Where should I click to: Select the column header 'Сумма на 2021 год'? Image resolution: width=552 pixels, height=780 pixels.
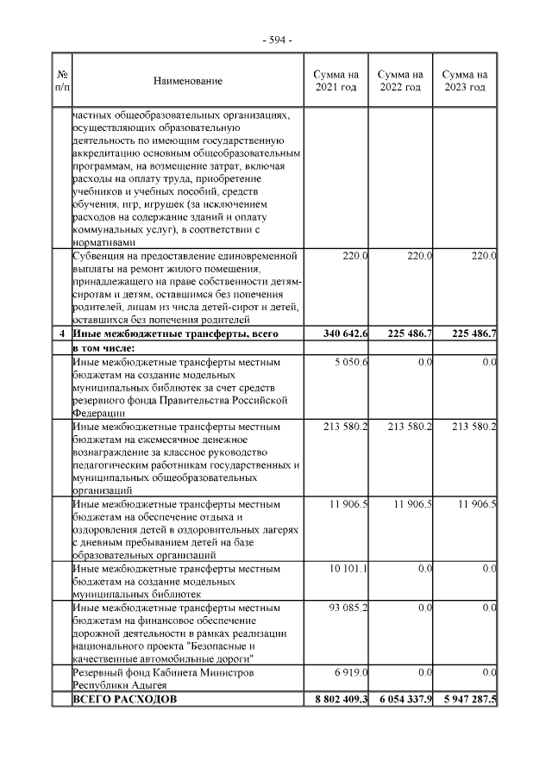click(336, 81)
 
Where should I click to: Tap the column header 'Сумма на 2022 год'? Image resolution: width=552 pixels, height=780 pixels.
click(400, 81)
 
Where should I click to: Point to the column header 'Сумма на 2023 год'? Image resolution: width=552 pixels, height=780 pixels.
click(465, 81)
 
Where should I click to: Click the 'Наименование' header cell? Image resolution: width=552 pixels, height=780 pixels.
click(188, 81)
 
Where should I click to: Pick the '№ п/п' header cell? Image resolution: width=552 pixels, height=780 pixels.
click(61, 81)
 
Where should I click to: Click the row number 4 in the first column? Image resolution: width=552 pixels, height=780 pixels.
click(61, 334)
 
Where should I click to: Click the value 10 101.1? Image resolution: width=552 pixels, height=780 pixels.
click(350, 569)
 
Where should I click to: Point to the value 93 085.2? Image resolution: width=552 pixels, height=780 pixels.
click(350, 609)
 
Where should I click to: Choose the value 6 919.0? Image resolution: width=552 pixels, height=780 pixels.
click(352, 671)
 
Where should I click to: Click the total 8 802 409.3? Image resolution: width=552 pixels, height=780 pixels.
click(337, 699)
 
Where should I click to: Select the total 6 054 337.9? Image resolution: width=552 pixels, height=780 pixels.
click(402, 699)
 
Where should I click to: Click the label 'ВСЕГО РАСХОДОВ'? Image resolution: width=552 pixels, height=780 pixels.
click(125, 699)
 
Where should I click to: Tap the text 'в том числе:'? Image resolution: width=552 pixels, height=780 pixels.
click(104, 347)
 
